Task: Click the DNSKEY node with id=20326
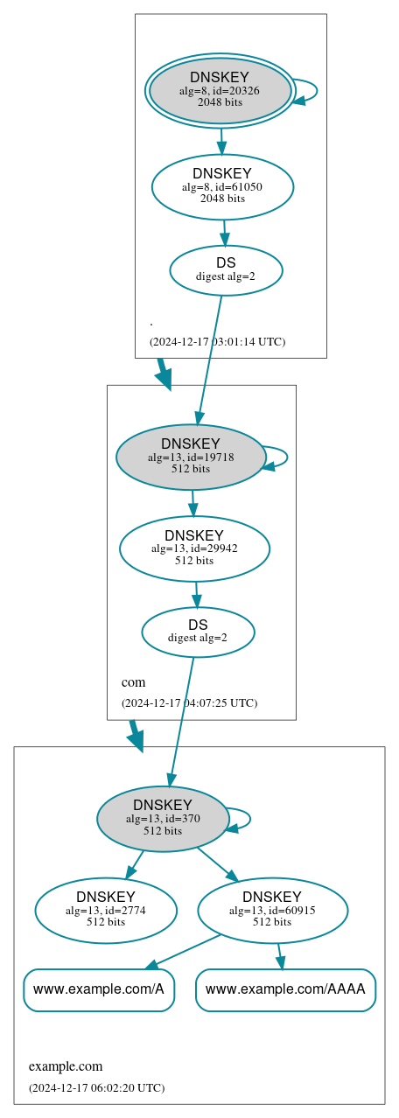point(220,91)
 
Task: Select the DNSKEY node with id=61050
point(222,186)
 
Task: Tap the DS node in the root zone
point(226,270)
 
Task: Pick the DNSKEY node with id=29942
point(194,549)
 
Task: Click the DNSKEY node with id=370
point(163,819)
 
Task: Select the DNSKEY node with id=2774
point(106,910)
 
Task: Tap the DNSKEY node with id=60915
point(272,910)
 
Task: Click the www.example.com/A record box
point(99,989)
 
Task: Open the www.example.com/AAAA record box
point(285,989)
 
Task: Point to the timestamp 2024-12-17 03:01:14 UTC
point(217,341)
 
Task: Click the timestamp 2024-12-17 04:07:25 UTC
point(189,702)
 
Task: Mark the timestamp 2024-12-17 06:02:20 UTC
point(96,1087)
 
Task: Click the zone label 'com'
point(133,681)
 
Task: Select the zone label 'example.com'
point(66,1066)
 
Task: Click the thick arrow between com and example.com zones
point(135,735)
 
